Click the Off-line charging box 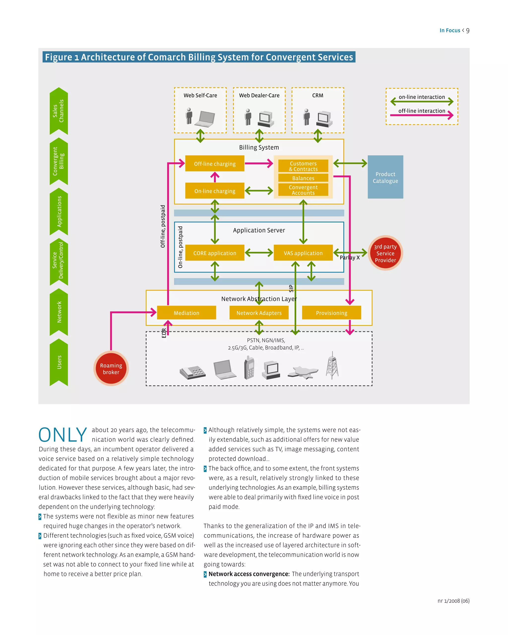click(215, 163)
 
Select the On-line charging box click(215, 191)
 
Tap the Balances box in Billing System click(303, 178)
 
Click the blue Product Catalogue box click(385, 177)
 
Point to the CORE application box click(215, 253)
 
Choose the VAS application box click(303, 253)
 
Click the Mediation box click(187, 313)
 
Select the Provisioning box click(331, 313)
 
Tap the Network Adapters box click(259, 313)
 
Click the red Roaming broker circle click(111, 368)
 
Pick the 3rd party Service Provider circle click(385, 253)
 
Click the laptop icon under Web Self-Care click(206, 118)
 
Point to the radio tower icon click(332, 366)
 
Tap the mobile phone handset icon click(249, 368)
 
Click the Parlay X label click(349, 257)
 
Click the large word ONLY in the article click(63, 435)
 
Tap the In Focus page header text click(450, 30)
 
